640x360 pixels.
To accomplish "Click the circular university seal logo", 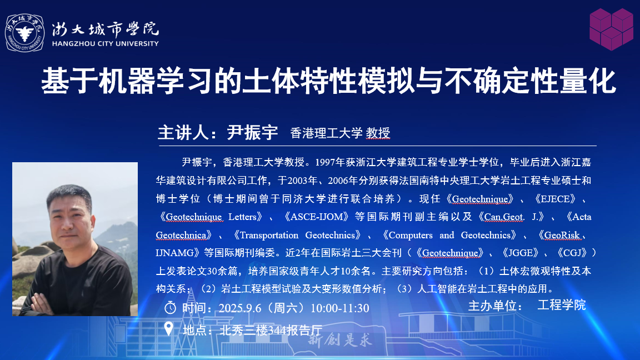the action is [x=24, y=33].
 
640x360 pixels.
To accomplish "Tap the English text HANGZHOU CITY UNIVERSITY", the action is [x=106, y=44].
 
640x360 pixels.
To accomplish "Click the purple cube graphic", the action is [x=611, y=29].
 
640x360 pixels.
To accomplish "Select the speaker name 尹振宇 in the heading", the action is [x=252, y=133].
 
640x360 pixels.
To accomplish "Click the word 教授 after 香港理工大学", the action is [x=378, y=133].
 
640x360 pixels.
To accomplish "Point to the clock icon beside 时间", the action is [x=170, y=307].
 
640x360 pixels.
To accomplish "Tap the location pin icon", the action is [x=168, y=328].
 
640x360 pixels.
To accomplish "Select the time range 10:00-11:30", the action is [x=340, y=308].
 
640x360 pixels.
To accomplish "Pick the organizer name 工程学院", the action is [x=562, y=305].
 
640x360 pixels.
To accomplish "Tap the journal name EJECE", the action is [x=555, y=199].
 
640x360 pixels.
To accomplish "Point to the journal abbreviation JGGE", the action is [x=521, y=253].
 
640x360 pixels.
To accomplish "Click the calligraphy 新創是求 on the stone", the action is [x=339, y=339].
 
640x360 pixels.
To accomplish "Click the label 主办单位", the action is [x=494, y=306].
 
